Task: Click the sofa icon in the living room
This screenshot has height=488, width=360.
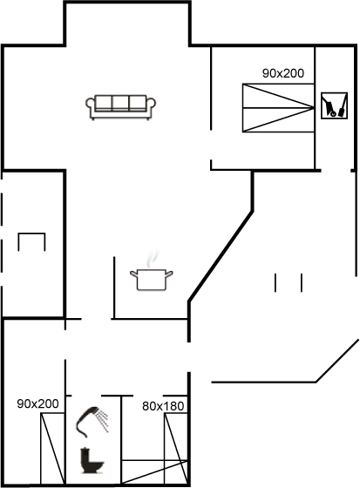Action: click(x=120, y=107)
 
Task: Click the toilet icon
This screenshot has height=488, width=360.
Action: click(x=92, y=460)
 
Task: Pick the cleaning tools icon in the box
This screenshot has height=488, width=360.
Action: click(x=334, y=105)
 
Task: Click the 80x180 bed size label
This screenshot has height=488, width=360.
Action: click(x=163, y=406)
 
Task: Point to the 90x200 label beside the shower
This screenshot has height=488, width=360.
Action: click(x=37, y=403)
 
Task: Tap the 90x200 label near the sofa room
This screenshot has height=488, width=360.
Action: click(x=283, y=73)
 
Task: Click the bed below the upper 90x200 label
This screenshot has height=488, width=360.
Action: click(x=278, y=108)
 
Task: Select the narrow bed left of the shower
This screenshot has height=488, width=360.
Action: click(x=52, y=448)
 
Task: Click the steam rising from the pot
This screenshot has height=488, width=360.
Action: click(x=152, y=258)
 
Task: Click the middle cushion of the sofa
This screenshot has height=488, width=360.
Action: click(x=120, y=103)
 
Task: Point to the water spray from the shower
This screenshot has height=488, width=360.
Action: click(x=103, y=421)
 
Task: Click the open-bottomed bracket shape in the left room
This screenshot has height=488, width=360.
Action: click(x=31, y=234)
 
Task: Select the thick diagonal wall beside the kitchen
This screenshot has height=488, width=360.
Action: click(x=221, y=256)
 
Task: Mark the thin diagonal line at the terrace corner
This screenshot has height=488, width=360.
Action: click(x=337, y=361)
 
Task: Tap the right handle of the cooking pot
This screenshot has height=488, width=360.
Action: click(x=169, y=274)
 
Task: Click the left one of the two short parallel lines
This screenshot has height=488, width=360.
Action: click(x=275, y=283)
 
